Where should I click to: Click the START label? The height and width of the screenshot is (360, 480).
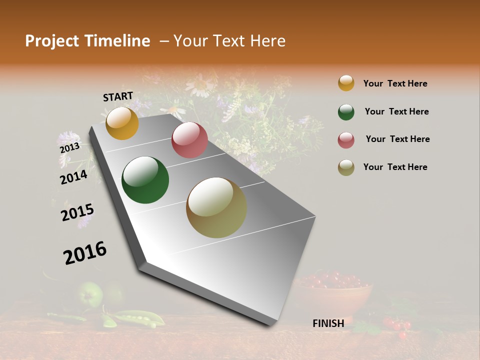118,96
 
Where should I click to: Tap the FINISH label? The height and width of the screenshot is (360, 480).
328,323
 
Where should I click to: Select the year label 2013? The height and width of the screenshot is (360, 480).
69,148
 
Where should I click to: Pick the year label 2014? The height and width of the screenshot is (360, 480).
73,177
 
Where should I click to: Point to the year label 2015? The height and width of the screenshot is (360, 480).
77,212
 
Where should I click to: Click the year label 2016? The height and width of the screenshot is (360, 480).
85,252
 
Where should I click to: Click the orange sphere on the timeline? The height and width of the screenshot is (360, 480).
122,123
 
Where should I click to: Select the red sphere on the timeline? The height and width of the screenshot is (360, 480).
189,140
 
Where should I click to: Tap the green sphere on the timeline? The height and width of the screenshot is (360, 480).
145,180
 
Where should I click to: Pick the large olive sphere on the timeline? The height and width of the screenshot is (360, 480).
216,207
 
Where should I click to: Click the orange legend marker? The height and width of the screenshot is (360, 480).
346,83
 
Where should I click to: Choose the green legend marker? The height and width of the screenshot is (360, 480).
346,112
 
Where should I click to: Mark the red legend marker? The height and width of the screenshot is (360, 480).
346,140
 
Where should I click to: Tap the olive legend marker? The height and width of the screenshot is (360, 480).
346,167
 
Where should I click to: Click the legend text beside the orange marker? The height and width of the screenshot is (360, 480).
395,83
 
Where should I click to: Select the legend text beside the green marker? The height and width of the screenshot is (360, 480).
396,111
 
